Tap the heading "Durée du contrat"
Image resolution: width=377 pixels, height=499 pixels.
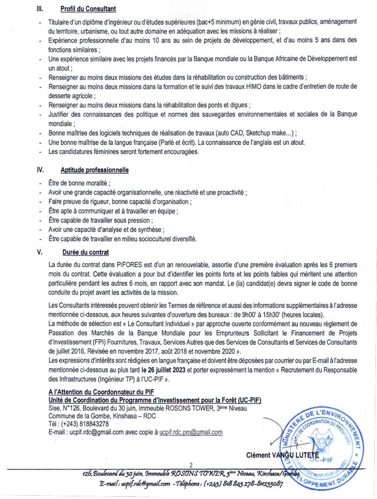(x=86, y=252)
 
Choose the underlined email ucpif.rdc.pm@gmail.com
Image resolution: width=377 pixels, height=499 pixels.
(x=187, y=432)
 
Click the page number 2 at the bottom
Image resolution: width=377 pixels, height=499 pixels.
(x=191, y=464)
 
